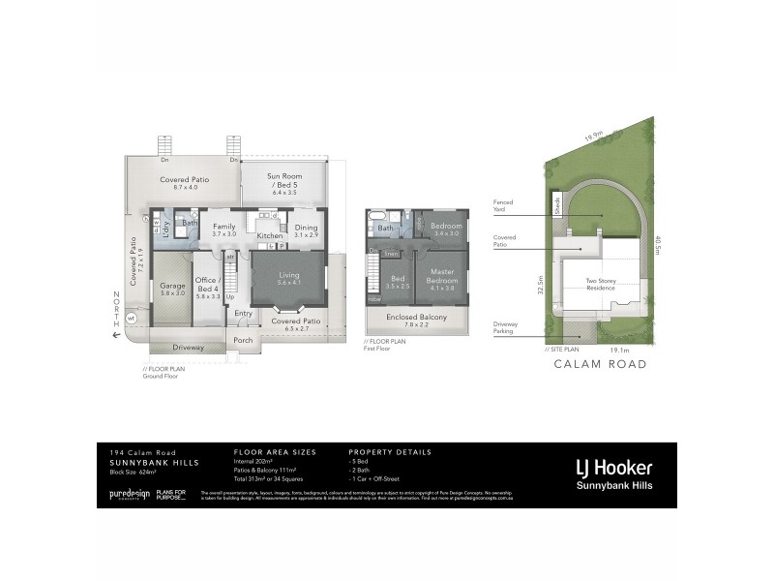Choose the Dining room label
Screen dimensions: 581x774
[306, 230]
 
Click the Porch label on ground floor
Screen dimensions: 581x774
[243, 340]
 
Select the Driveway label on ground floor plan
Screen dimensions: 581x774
[188, 347]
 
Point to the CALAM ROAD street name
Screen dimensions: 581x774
[599, 364]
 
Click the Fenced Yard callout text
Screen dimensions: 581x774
[503, 205]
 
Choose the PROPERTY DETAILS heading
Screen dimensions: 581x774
[390, 452]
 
